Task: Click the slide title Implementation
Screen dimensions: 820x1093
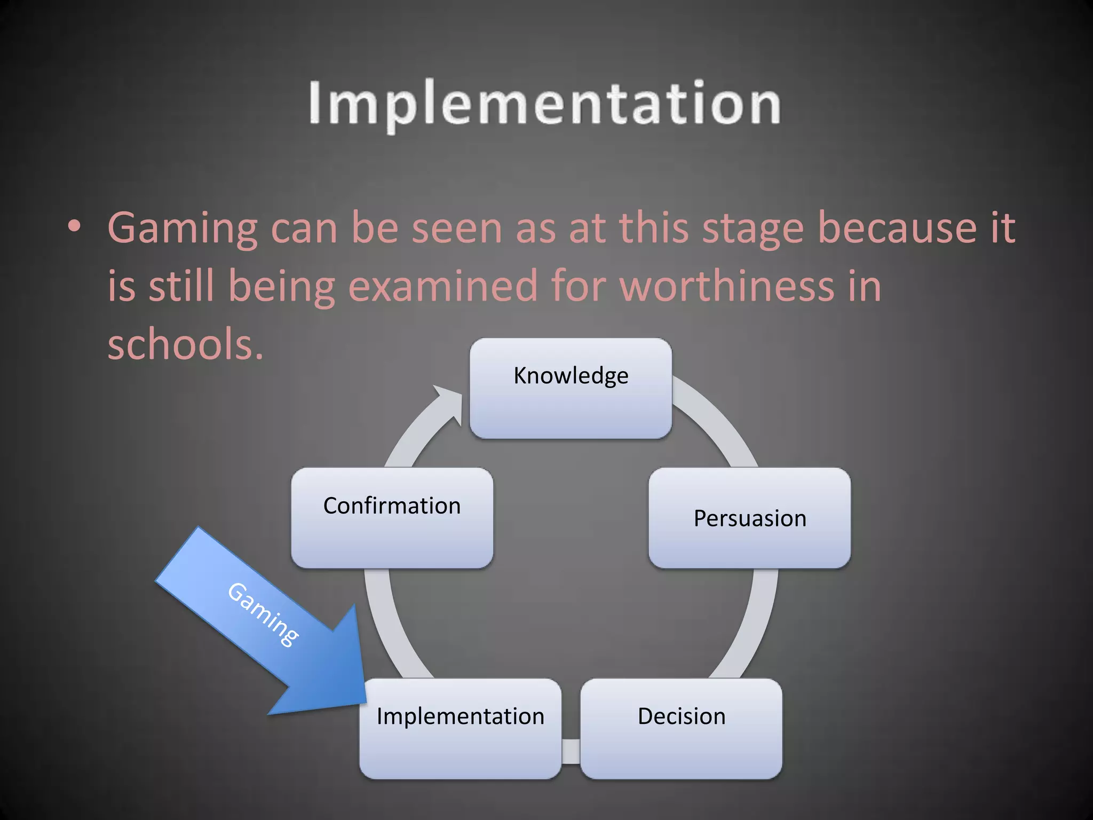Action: click(544, 104)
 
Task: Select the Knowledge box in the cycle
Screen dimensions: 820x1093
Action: click(571, 389)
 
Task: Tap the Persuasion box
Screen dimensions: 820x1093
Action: click(749, 518)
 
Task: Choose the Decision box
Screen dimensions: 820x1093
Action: click(682, 728)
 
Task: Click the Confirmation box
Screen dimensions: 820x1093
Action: click(392, 518)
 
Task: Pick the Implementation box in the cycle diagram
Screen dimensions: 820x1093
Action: click(460, 728)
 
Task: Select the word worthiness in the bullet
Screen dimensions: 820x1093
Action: click(726, 286)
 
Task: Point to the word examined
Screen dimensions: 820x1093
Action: click(442, 286)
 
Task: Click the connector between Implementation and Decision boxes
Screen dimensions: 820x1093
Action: click(571, 750)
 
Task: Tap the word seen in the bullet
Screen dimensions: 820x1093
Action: click(456, 228)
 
